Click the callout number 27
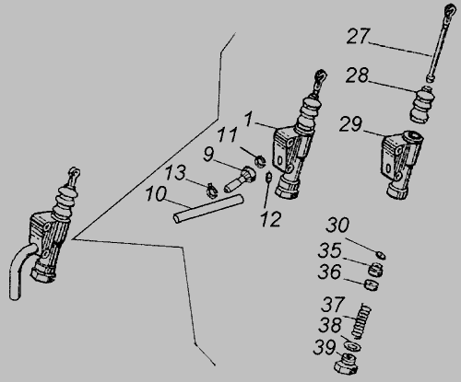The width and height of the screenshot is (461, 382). [358, 37]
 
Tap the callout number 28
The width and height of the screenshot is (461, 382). [357, 75]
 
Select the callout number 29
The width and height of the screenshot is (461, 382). [350, 124]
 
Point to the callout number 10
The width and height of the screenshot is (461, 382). [156, 194]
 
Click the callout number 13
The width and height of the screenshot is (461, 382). [176, 172]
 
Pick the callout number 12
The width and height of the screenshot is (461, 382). [271, 219]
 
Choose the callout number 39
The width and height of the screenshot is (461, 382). [325, 348]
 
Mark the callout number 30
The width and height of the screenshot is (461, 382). [337, 225]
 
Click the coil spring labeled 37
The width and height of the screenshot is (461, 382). [361, 320]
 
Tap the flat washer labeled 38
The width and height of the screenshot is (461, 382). [352, 346]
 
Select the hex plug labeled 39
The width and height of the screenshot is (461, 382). [347, 365]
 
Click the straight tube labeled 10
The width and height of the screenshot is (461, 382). [208, 209]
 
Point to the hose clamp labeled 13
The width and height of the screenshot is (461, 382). [212, 191]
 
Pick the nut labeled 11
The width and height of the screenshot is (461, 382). [260, 161]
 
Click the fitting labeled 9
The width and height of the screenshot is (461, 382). [240, 179]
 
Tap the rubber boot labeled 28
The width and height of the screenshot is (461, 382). [422, 105]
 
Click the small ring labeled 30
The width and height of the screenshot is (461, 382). [381, 255]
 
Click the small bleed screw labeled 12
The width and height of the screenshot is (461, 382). [268, 177]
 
